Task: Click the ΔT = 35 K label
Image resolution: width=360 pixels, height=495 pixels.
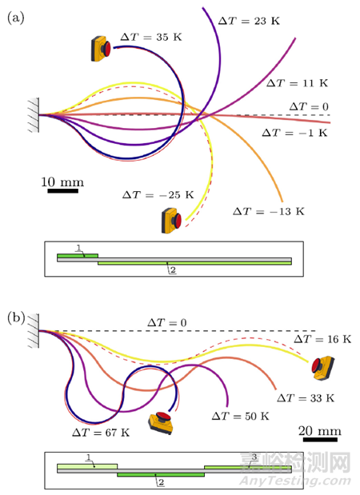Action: [x=151, y=37]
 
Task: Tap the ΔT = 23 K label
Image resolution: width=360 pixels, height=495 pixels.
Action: [x=249, y=21]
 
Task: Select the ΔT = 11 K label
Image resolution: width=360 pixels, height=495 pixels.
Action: [x=297, y=83]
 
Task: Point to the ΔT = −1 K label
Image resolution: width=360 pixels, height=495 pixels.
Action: [x=294, y=133]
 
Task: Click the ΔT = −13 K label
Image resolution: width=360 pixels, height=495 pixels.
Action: [x=269, y=211]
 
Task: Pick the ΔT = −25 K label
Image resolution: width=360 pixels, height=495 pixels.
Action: [x=158, y=195]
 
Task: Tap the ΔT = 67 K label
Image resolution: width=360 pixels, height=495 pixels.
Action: [x=101, y=432]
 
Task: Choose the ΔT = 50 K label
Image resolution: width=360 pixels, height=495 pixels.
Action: [x=240, y=416]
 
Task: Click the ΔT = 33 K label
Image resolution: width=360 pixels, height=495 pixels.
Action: [x=306, y=398]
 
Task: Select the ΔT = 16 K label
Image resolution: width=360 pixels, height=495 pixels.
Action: [x=322, y=339]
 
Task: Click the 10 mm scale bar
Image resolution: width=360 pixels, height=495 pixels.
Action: [x=63, y=190]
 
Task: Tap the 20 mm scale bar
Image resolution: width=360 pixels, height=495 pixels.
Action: [x=320, y=440]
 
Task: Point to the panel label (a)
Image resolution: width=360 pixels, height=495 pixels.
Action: [x=16, y=18]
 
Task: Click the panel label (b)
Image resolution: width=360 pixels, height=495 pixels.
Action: [x=16, y=318]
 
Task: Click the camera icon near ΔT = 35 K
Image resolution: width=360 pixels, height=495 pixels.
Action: [x=101, y=49]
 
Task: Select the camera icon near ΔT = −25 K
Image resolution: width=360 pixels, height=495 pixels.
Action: [x=171, y=221]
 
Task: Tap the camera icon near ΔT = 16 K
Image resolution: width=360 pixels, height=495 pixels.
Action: [x=322, y=368]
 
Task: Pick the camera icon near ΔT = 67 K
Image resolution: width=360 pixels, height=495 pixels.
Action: [x=161, y=423]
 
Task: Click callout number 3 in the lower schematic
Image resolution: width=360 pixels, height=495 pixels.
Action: [x=254, y=457]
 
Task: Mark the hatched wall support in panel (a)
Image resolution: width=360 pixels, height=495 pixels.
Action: [x=34, y=115]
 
